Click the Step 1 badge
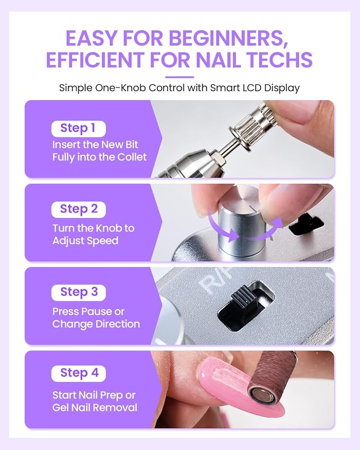tap(78, 129)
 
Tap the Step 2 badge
tap(78, 209)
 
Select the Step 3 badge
tap(78, 293)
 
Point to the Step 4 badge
tap(78, 373)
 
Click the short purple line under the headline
tap(180, 77)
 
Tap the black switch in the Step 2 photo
tap(306, 225)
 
